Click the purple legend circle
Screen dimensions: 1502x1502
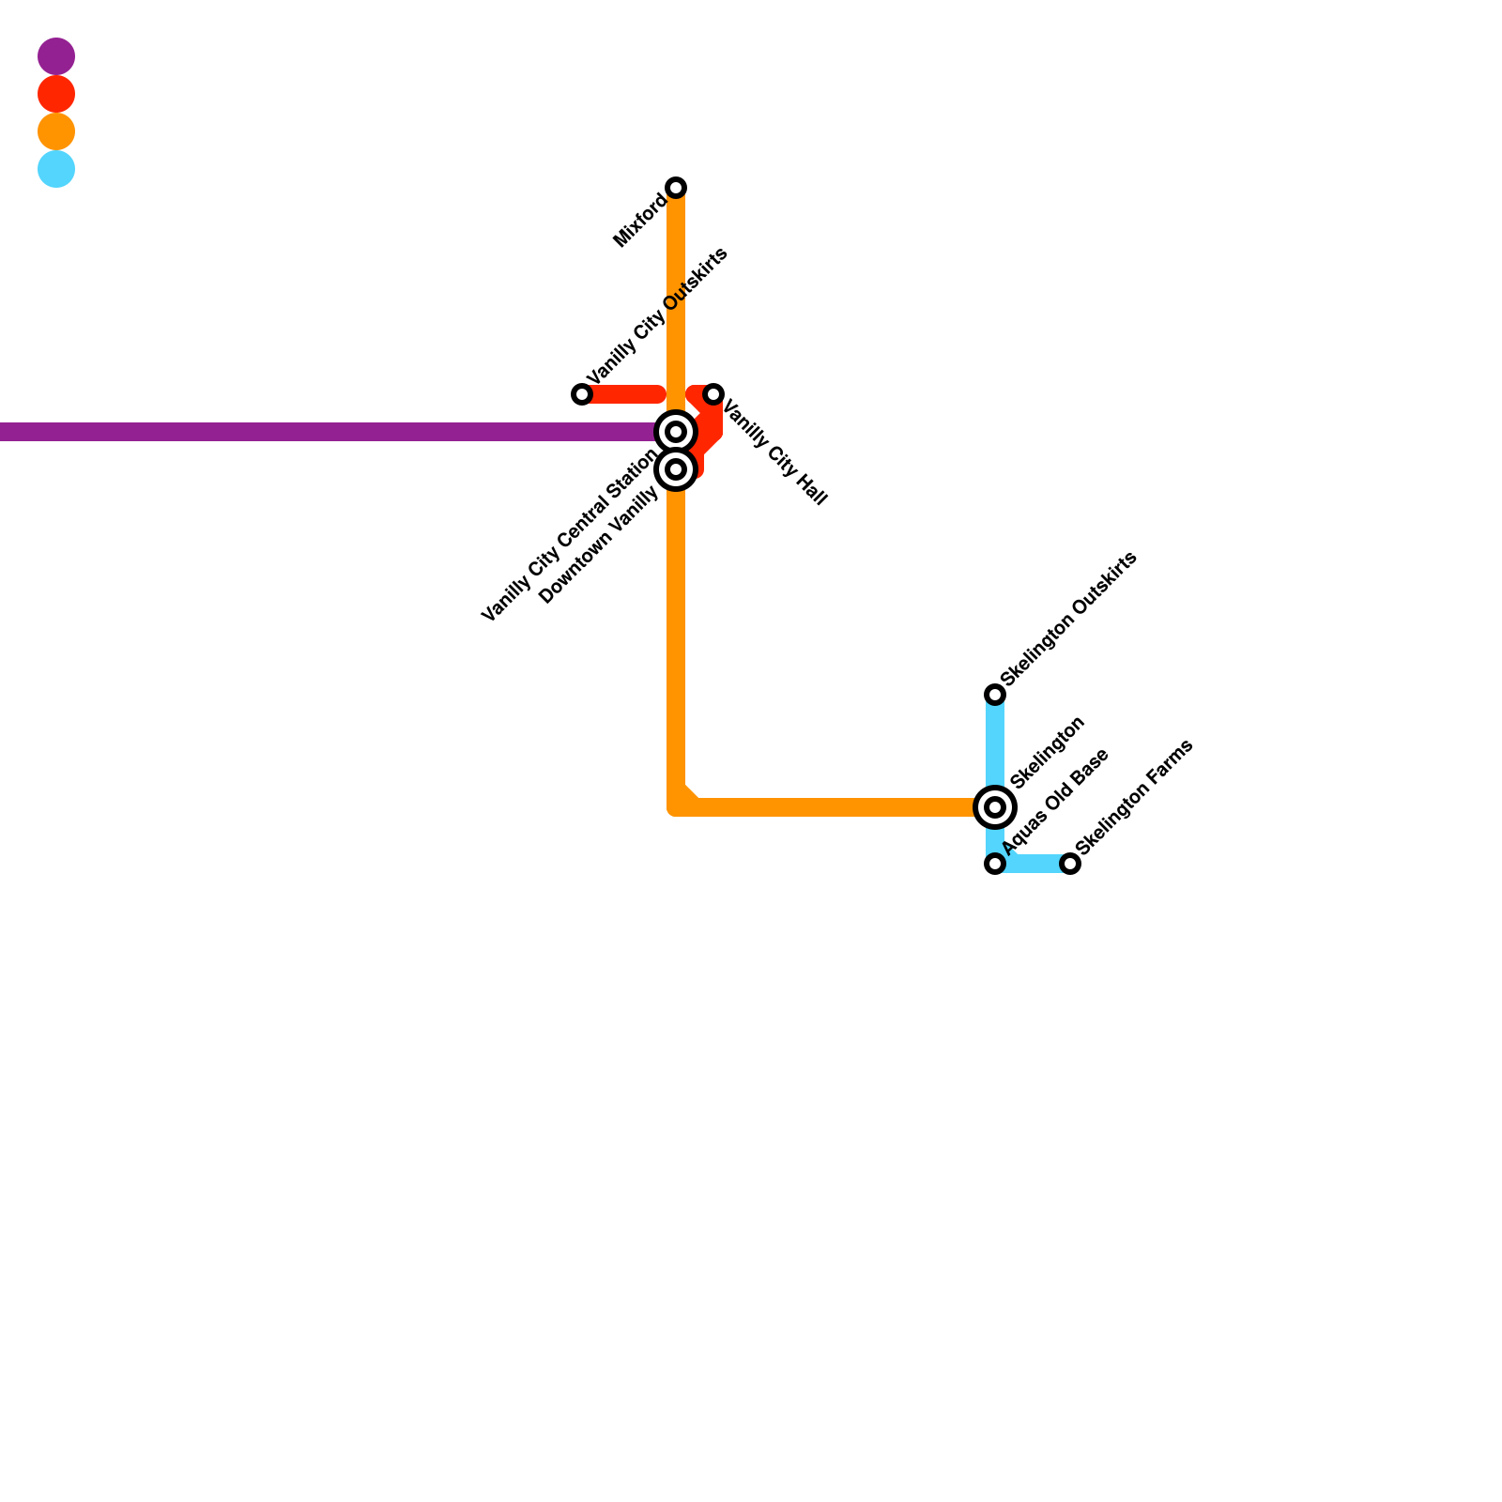[x=56, y=56]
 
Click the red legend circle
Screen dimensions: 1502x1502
[x=56, y=94]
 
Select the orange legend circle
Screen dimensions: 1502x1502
[x=56, y=131]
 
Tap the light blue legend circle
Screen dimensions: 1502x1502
[x=56, y=169]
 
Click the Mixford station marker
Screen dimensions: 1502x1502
[x=676, y=188]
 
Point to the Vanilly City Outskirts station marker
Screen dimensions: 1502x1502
[x=582, y=394]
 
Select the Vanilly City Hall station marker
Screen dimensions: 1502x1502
[x=713, y=394]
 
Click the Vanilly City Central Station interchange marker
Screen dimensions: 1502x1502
[x=676, y=432]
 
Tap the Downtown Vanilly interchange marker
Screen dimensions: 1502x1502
[x=676, y=468]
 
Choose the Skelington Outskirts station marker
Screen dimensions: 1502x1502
[x=995, y=695]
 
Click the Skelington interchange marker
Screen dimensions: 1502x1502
[x=995, y=806]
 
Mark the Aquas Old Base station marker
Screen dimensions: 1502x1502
[x=995, y=864]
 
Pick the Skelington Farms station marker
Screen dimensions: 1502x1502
[x=1070, y=864]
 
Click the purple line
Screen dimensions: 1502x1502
[x=329, y=432]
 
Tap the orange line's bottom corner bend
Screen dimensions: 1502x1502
[x=678, y=805]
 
